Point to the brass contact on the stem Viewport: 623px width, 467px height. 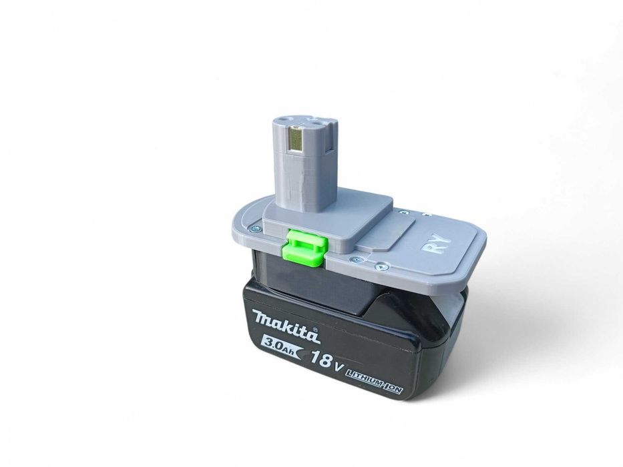[294, 140]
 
